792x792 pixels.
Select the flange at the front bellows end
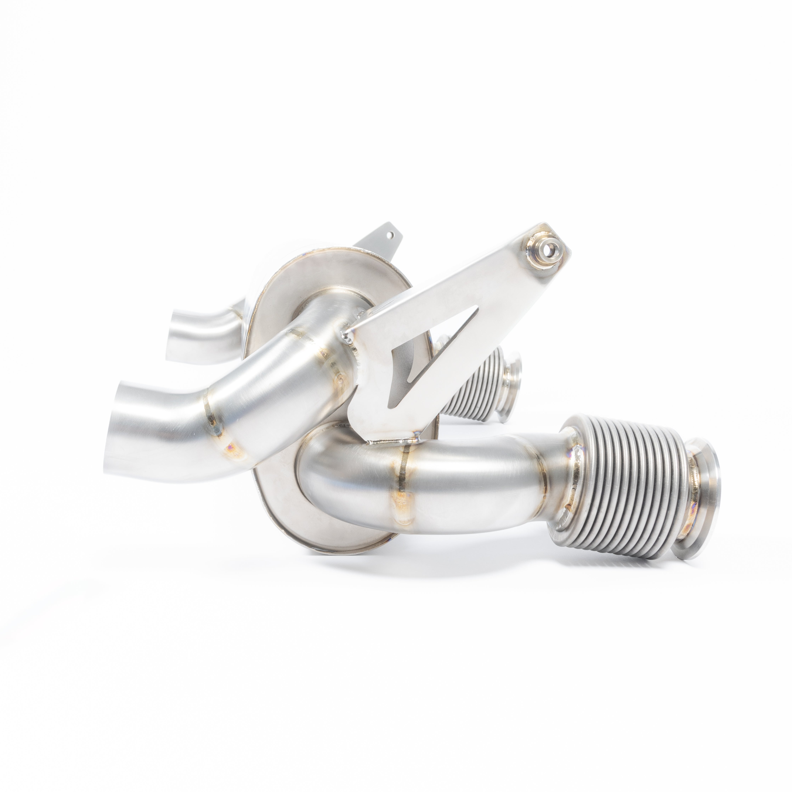(701, 492)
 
